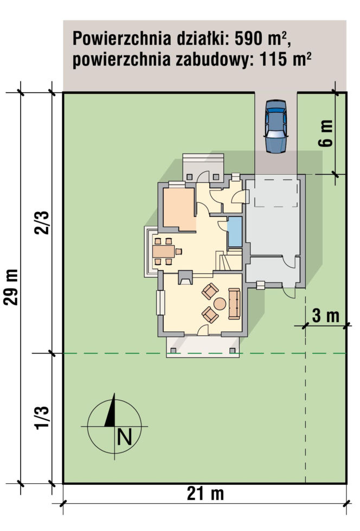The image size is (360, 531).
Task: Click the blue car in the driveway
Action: pyautogui.click(x=276, y=126)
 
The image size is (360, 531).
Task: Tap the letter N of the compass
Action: pyautogui.click(x=124, y=437)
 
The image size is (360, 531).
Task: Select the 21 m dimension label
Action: pyautogui.click(x=205, y=494)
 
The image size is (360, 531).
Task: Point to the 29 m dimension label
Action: pyautogui.click(x=11, y=287)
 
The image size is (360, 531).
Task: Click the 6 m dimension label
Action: pyautogui.click(x=325, y=133)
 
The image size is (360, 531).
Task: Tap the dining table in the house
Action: pyautogui.click(x=164, y=251)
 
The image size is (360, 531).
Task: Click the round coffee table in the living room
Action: pyautogui.click(x=220, y=303)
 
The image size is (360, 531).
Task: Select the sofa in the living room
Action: pyautogui.click(x=234, y=304)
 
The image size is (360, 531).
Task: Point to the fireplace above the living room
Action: pyautogui.click(x=185, y=278)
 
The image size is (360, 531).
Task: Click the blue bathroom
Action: pyautogui.click(x=234, y=232)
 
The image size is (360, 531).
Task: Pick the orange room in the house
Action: pyautogui.click(x=179, y=209)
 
